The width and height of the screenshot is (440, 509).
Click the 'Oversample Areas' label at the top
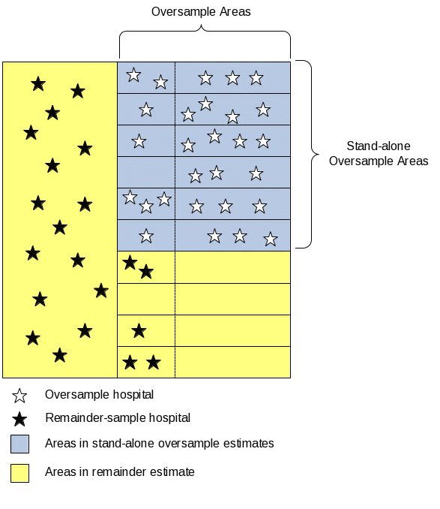[x=201, y=12]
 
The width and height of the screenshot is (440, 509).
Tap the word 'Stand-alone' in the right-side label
[x=379, y=146]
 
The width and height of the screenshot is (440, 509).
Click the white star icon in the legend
[x=19, y=396]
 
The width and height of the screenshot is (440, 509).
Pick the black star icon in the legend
[x=19, y=419]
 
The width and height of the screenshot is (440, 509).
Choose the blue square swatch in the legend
[x=19, y=444]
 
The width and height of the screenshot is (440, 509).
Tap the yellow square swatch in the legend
[x=19, y=473]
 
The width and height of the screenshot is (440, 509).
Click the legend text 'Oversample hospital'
[x=99, y=395]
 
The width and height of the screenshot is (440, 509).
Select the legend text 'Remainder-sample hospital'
[x=118, y=417]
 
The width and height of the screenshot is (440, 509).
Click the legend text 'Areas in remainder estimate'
[x=120, y=472]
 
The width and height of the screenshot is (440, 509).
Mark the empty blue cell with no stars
[x=146, y=173]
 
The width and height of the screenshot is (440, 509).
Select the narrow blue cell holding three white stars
[x=146, y=204]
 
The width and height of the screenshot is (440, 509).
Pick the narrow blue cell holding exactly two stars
[x=146, y=77]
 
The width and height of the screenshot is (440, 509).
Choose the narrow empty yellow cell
[x=146, y=299]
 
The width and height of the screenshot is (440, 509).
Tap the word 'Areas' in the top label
[x=235, y=12]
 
